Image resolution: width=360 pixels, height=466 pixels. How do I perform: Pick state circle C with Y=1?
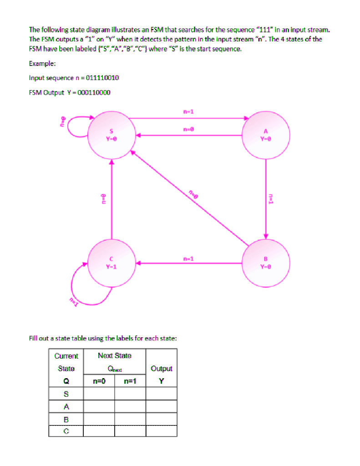coord(111,263)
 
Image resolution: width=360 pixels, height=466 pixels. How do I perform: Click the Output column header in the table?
coord(161,369)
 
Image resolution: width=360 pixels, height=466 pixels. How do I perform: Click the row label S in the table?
coord(66,394)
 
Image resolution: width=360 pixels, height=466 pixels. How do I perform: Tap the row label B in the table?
coord(66,419)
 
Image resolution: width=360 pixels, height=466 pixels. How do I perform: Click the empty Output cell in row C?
coord(161,431)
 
